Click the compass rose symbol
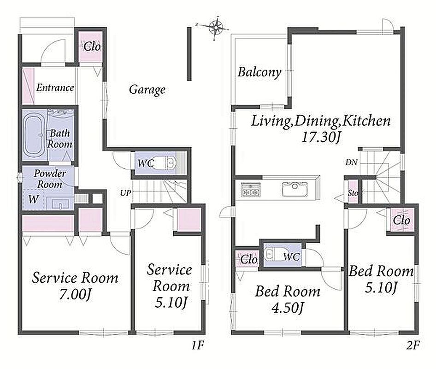tap(215, 27)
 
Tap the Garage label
tap(147, 90)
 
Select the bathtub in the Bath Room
tap(34, 136)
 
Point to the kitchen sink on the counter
tap(295, 189)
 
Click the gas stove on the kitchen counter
tap(251, 189)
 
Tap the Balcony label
tap(259, 72)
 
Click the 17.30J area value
tap(321, 137)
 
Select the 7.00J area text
tap(75, 294)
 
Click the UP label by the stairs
tap(125, 193)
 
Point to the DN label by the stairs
tap(351, 162)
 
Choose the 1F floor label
tap(198, 345)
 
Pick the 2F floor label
tap(412, 345)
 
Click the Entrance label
tap(55, 88)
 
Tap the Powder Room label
tap(50, 179)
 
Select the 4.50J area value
tap(288, 308)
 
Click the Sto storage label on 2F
tap(353, 192)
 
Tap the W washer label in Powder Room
tap(33, 199)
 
